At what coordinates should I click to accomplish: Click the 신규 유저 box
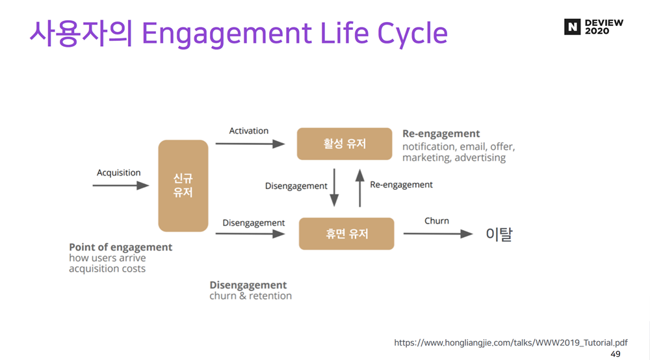[x=183, y=186]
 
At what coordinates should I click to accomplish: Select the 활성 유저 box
[x=344, y=144]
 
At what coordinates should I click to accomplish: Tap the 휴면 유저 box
[x=346, y=233]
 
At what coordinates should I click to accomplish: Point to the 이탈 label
[x=499, y=235]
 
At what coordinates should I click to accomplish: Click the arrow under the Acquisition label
[x=121, y=186]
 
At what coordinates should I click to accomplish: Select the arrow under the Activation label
[x=250, y=144]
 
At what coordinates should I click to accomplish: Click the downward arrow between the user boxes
[x=335, y=188]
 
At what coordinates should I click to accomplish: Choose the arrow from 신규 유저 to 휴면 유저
[x=250, y=234]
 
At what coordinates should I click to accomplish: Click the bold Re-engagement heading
[x=441, y=134]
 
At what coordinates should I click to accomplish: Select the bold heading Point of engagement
[x=121, y=248]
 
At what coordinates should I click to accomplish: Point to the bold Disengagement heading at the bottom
[x=248, y=285]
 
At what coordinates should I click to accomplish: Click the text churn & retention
[x=251, y=296]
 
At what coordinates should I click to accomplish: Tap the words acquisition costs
[x=107, y=269]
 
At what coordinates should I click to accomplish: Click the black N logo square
[x=571, y=27]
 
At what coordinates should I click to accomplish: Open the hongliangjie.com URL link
[x=511, y=342]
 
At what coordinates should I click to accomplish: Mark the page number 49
[x=616, y=354]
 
